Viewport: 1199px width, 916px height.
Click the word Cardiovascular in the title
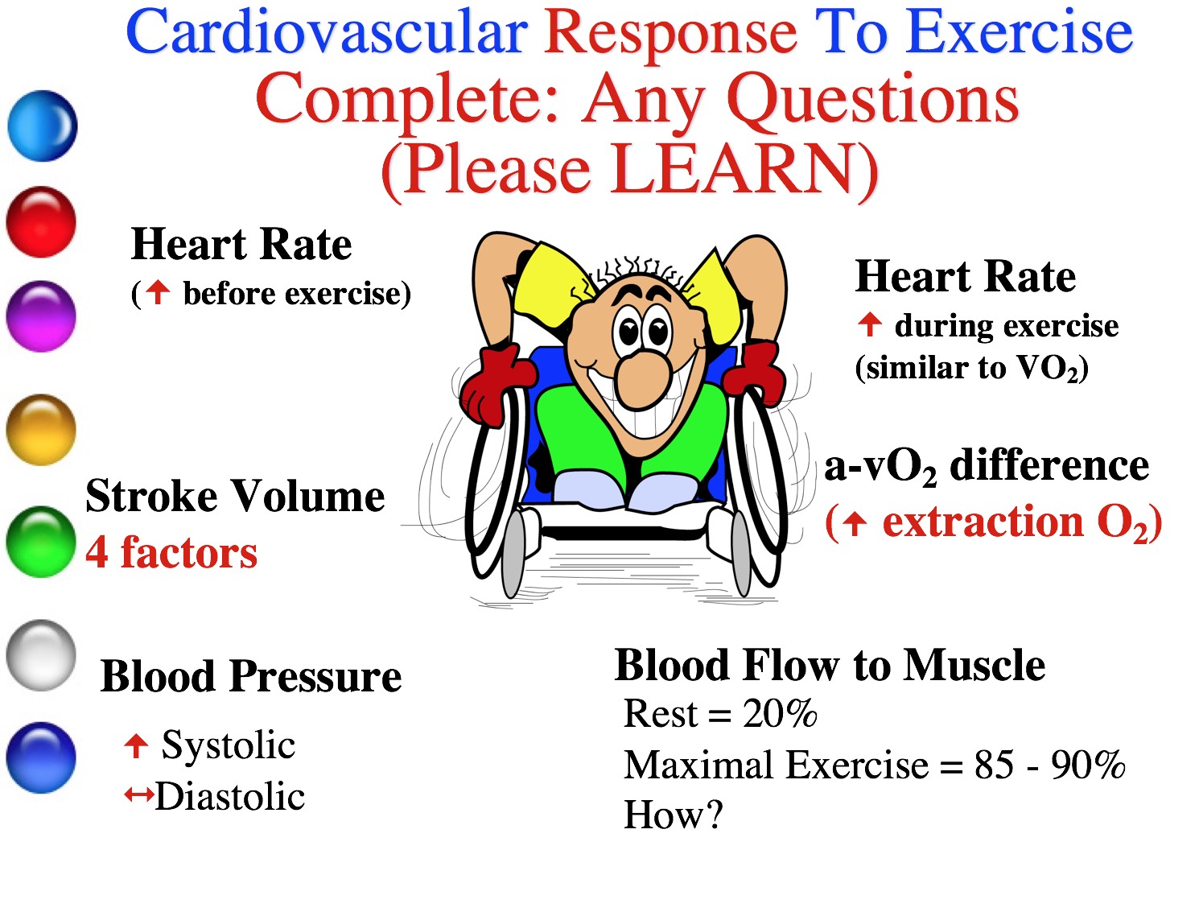326,34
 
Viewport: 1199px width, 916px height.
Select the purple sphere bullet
41,316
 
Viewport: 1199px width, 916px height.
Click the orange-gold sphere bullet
41,430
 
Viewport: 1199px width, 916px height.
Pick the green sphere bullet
41,542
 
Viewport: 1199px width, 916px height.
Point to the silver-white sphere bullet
41,655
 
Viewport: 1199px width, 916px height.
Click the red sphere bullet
41,222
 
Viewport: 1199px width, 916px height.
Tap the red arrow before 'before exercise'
158,292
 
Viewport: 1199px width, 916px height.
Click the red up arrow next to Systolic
136,746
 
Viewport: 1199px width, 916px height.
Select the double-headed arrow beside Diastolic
138,794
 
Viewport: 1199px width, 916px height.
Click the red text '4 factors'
171,553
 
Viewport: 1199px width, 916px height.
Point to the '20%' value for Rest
780,713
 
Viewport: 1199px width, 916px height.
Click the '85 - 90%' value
1049,765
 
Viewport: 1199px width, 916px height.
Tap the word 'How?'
673,815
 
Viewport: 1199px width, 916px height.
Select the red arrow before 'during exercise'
870,324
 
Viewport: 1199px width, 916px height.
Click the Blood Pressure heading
251,677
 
